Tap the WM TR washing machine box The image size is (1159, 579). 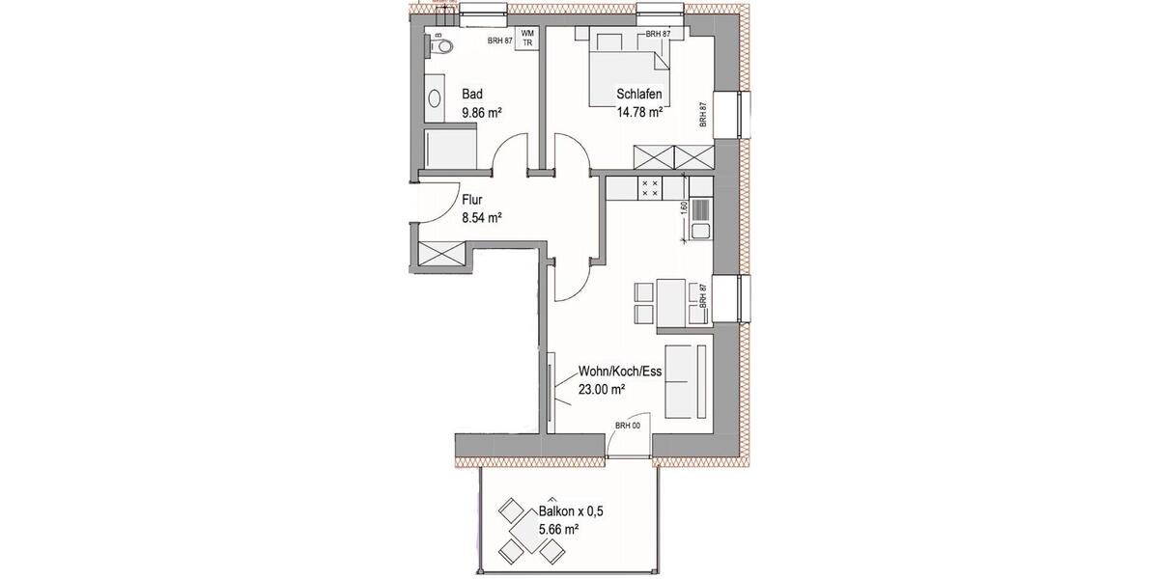(x=527, y=38)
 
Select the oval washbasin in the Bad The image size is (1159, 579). (x=436, y=97)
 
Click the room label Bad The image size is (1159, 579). (x=471, y=95)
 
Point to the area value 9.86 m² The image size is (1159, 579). (x=482, y=112)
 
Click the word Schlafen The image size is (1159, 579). (x=638, y=95)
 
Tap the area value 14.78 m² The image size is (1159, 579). (x=639, y=112)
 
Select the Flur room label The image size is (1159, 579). (x=472, y=201)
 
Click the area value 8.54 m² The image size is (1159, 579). (x=482, y=218)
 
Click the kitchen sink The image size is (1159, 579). (x=697, y=231)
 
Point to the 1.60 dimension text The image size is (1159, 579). (x=684, y=207)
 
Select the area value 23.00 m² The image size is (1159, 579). (x=602, y=389)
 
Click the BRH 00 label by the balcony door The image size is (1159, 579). (x=628, y=426)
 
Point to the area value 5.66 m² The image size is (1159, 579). (x=557, y=529)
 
